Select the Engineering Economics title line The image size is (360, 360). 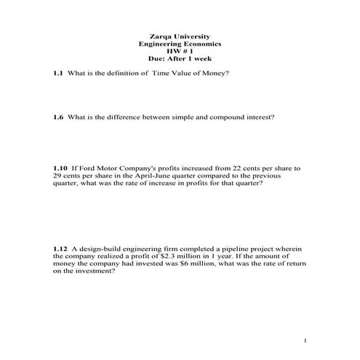(x=180, y=44)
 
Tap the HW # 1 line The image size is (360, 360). (x=180, y=52)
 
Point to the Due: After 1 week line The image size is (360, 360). (x=180, y=60)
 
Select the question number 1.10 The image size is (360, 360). (x=60, y=168)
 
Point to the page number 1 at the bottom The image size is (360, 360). (x=307, y=340)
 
